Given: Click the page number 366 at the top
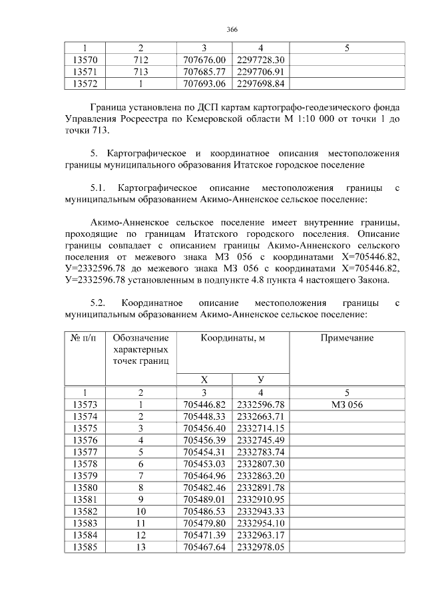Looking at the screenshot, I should (232, 30).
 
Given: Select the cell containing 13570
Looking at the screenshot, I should (85, 60).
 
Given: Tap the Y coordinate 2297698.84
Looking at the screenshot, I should (261, 84).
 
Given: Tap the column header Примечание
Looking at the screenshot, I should (347, 338).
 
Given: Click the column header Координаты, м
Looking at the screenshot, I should (233, 338).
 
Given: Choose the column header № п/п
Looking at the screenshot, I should (85, 338).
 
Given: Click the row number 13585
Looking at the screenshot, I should (85, 547).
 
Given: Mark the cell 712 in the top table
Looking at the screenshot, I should (140, 60).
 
